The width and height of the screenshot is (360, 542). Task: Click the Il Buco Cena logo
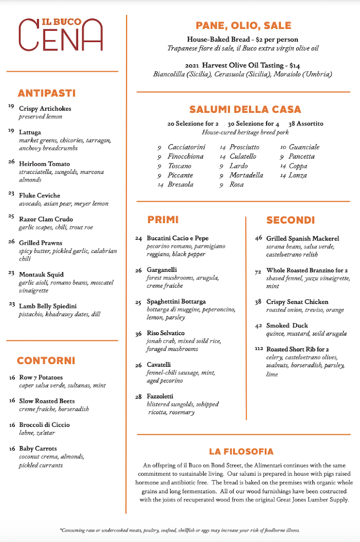click(61, 34)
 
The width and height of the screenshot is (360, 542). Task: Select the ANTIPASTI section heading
click(47, 93)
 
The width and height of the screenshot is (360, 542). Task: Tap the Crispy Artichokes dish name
click(45, 109)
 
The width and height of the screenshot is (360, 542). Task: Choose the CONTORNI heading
click(46, 361)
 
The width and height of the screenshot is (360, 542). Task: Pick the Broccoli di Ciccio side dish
click(44, 425)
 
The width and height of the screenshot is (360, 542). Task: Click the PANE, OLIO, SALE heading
click(243, 26)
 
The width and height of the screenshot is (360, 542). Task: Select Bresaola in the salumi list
click(180, 185)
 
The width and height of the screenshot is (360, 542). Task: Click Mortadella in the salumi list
click(246, 175)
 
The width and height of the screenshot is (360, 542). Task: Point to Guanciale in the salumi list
click(304, 147)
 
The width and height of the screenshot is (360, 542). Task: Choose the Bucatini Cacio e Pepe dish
click(178, 238)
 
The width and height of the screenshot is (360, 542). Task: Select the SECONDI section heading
click(290, 220)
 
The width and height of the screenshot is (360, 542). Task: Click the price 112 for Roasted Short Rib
click(258, 349)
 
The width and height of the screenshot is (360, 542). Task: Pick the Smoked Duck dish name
click(287, 326)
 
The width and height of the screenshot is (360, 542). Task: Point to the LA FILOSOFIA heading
click(241, 452)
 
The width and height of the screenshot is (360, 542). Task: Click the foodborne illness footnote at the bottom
click(180, 530)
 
